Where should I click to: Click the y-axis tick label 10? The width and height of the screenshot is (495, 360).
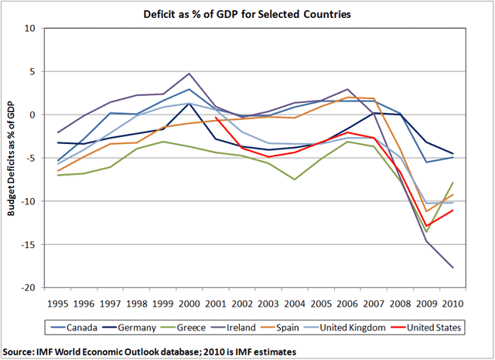31,29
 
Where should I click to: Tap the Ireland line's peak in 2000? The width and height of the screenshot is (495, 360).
189,74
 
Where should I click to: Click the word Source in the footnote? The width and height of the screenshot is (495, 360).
21,351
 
